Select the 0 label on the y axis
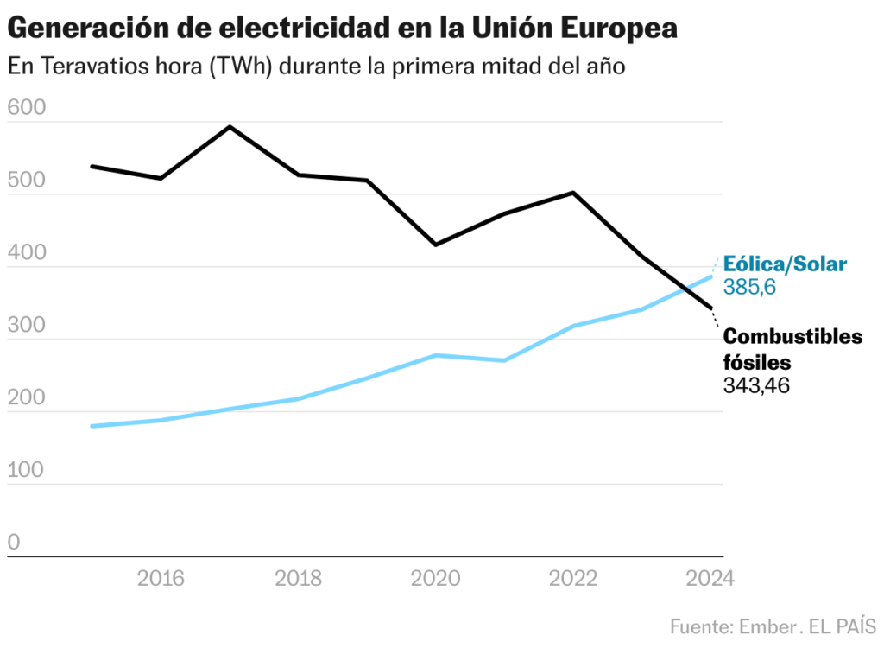[x=15, y=543]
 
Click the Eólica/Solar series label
[x=785, y=264]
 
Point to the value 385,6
[x=749, y=288]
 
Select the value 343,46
[x=756, y=385]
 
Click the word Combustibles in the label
[x=792, y=336]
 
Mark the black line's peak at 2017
[x=230, y=127]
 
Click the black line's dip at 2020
[x=436, y=245]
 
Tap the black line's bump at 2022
[x=573, y=192]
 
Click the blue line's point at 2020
[x=436, y=355]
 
